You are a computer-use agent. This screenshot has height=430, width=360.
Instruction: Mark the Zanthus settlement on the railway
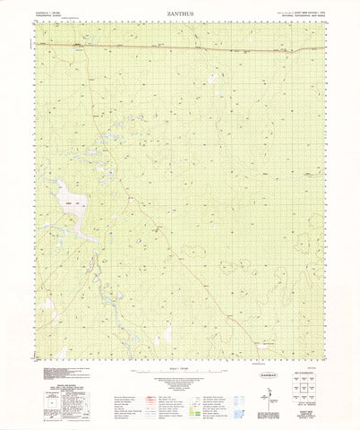click(79, 45)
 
